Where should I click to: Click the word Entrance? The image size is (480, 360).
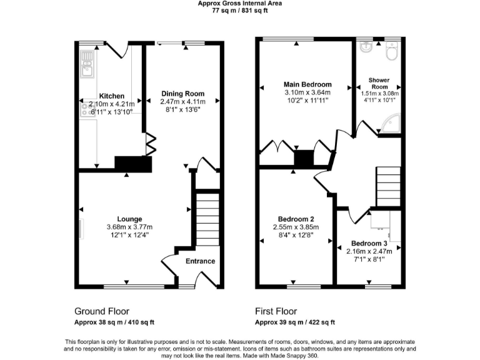(x=201, y=261)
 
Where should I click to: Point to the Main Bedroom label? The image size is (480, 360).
(x=307, y=84)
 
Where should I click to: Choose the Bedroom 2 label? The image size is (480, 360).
(x=296, y=219)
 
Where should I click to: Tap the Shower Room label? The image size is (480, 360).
(x=379, y=84)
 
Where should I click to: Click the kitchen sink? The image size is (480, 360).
(x=86, y=63)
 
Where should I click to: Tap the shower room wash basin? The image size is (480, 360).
(x=366, y=48)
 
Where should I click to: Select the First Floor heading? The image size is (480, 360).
(x=276, y=311)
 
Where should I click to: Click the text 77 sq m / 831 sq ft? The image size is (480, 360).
(x=240, y=11)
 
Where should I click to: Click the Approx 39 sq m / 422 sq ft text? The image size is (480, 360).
(x=295, y=322)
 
